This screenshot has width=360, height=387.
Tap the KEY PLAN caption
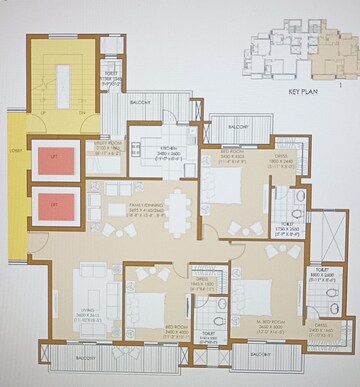coord(302,91)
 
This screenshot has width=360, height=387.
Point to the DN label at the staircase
coord(82,114)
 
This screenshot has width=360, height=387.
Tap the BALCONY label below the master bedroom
coord(262,355)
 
